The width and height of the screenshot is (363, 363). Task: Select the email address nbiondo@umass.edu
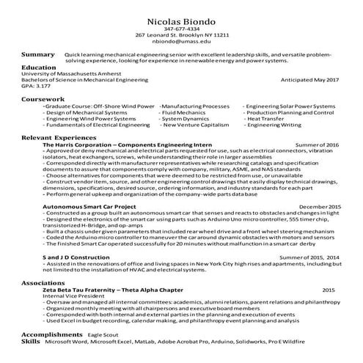click(x=182, y=42)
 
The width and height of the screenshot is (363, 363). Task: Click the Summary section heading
click(x=38, y=55)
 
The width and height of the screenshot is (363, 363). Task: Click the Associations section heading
click(x=44, y=282)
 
